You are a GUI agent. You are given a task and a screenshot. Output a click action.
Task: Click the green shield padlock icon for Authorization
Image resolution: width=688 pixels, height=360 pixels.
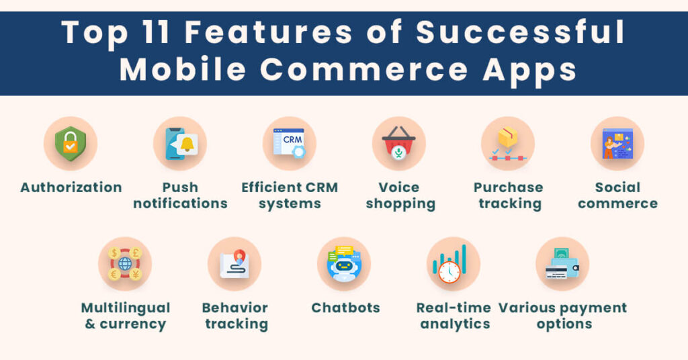(x=70, y=143)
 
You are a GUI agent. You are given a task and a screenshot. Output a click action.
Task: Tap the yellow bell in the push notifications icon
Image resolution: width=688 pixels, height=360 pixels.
(x=187, y=144)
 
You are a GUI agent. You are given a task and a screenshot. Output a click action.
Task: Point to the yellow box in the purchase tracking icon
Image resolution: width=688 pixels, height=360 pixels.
(x=508, y=137)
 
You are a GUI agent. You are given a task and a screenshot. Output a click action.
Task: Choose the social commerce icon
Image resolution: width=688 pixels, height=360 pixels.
(x=617, y=143)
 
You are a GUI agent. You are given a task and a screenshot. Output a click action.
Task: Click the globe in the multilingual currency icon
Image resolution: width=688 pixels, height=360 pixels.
(x=125, y=263)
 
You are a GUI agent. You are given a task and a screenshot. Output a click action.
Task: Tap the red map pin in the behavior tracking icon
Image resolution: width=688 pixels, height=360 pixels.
(x=240, y=256)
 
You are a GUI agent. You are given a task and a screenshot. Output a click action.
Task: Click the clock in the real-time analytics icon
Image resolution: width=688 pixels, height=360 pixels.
(x=449, y=272)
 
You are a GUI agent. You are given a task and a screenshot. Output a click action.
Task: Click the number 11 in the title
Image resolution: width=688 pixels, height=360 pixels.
(x=156, y=32)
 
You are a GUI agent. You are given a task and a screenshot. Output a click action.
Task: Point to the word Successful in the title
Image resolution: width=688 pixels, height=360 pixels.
(x=521, y=32)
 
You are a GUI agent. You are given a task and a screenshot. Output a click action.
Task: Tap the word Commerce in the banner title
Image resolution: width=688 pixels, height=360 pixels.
(x=363, y=69)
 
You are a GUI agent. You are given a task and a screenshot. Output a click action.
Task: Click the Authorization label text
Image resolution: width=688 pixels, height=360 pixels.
(x=71, y=187)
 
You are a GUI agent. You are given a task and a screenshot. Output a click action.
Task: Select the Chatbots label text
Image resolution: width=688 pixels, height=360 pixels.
(x=346, y=308)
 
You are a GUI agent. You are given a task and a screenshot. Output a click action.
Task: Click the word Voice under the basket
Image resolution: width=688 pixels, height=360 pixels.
(x=399, y=187)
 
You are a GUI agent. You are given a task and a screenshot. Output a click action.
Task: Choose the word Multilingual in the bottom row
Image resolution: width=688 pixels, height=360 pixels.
(x=126, y=308)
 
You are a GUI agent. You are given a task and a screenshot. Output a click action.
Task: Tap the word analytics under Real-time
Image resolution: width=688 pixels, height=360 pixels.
(x=455, y=324)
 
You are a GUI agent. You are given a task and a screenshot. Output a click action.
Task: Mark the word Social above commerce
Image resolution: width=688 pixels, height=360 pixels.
(x=617, y=187)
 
